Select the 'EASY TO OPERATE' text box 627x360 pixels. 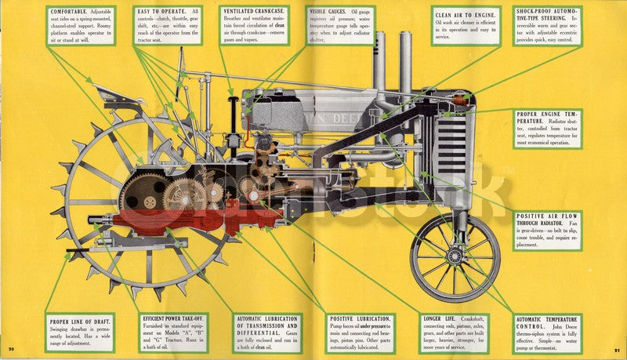pyautogui.click(x=169, y=25)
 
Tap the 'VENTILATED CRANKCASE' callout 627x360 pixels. pyautogui.click(x=253, y=25)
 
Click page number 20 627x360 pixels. pyautogui.click(x=12, y=349)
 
